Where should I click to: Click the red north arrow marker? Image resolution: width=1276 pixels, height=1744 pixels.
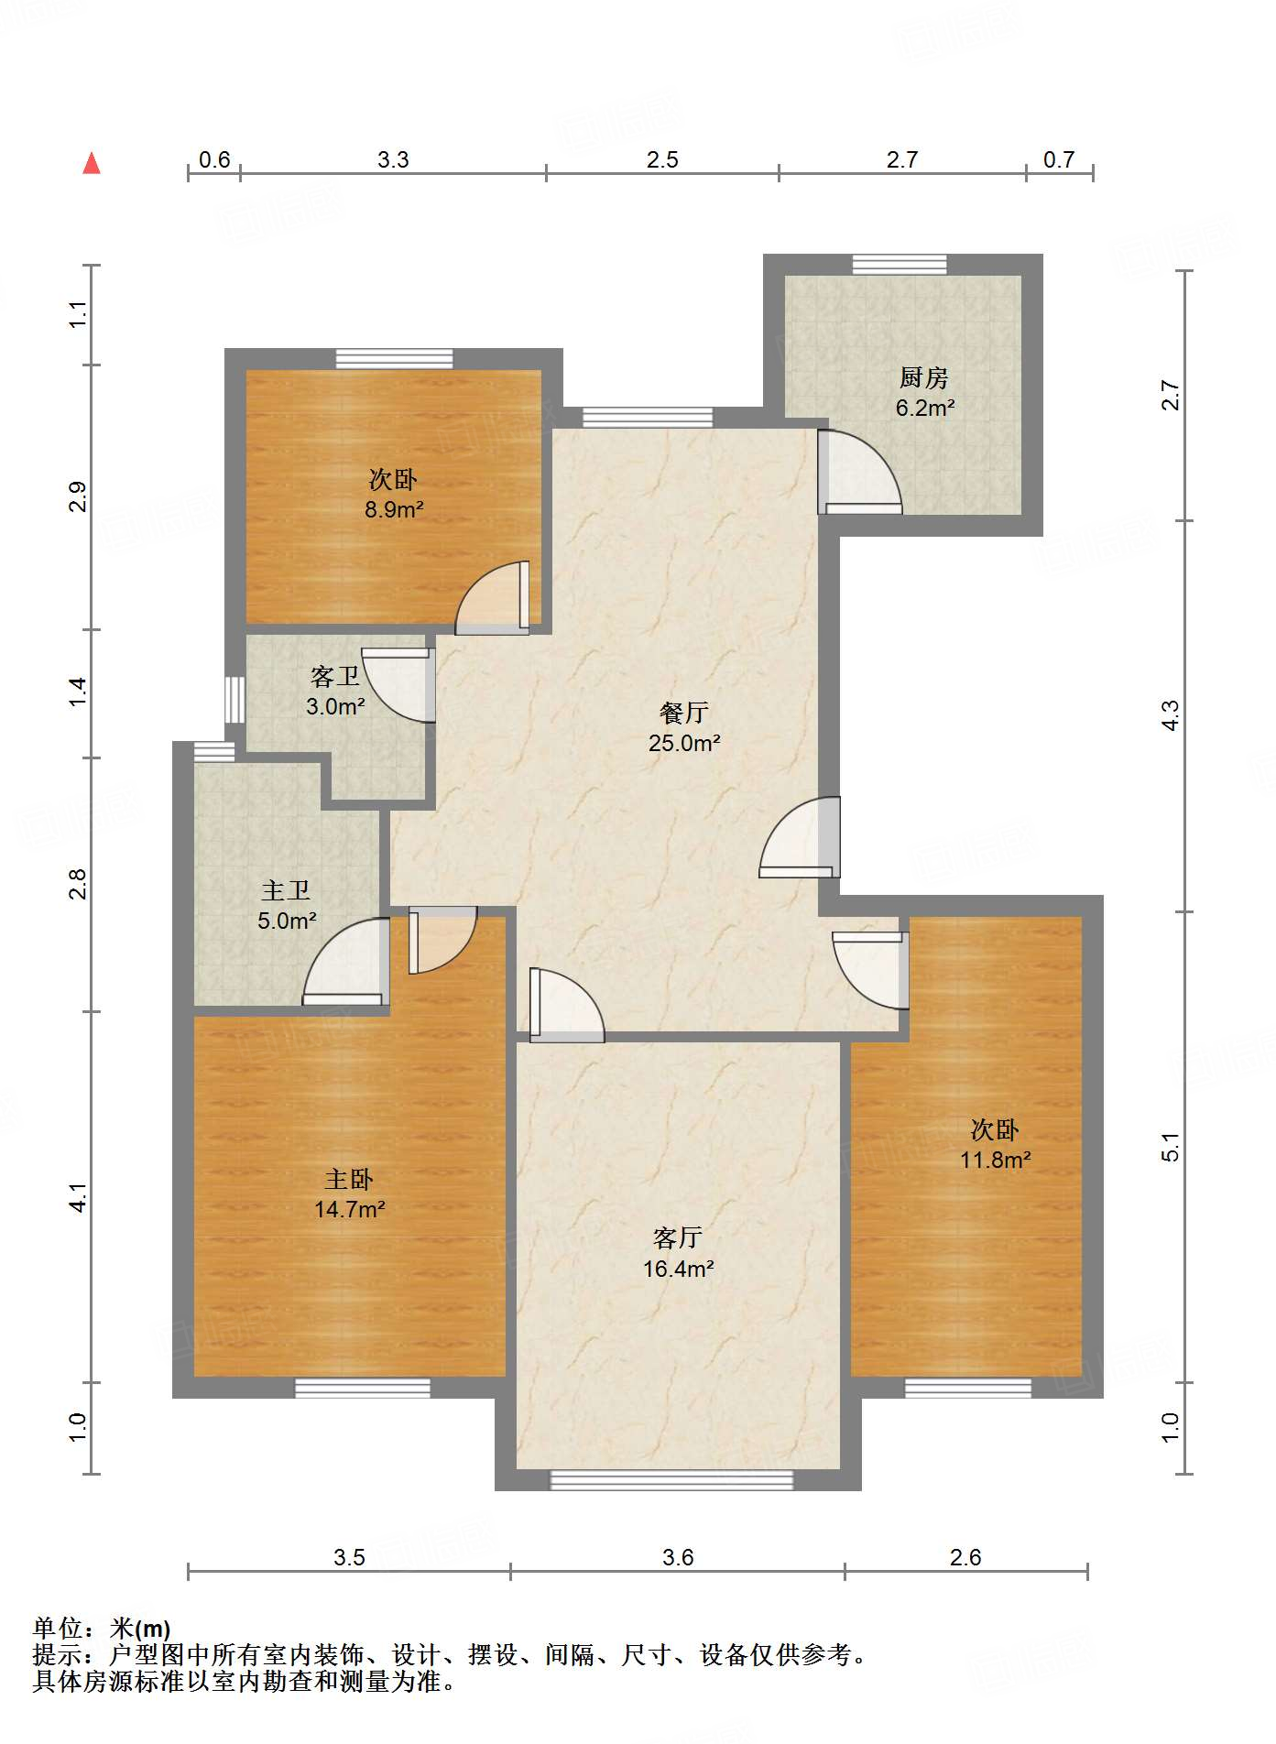(x=92, y=164)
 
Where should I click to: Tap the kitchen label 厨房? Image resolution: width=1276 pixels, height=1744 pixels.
(x=923, y=377)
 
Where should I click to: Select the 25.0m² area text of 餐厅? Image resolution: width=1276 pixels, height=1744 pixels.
(x=683, y=743)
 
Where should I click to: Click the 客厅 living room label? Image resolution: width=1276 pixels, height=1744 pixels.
(x=677, y=1238)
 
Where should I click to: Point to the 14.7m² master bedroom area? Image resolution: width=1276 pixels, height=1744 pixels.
(x=349, y=1209)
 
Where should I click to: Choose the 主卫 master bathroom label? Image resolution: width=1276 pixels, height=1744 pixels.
(x=286, y=890)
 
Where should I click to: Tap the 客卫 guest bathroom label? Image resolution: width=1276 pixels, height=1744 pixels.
(x=334, y=677)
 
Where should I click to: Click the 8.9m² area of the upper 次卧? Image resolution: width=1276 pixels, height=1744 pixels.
(x=394, y=509)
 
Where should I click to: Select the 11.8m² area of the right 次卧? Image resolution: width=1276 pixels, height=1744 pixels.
(x=995, y=1160)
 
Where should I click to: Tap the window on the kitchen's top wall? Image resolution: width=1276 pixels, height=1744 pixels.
(x=900, y=265)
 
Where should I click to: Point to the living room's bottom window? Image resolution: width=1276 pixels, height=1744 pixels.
(x=671, y=1480)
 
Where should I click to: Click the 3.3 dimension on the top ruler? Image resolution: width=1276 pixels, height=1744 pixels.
(x=393, y=159)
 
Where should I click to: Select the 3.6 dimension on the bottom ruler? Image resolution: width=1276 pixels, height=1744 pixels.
(x=678, y=1557)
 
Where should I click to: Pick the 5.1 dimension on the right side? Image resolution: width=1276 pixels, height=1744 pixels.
(x=1170, y=1147)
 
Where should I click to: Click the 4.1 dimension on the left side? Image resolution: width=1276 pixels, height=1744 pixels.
(x=79, y=1197)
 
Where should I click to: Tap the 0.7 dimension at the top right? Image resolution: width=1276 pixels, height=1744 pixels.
(x=1058, y=159)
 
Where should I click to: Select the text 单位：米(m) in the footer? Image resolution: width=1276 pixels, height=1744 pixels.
(x=102, y=1628)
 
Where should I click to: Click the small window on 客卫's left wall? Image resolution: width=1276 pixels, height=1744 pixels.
(x=235, y=700)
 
